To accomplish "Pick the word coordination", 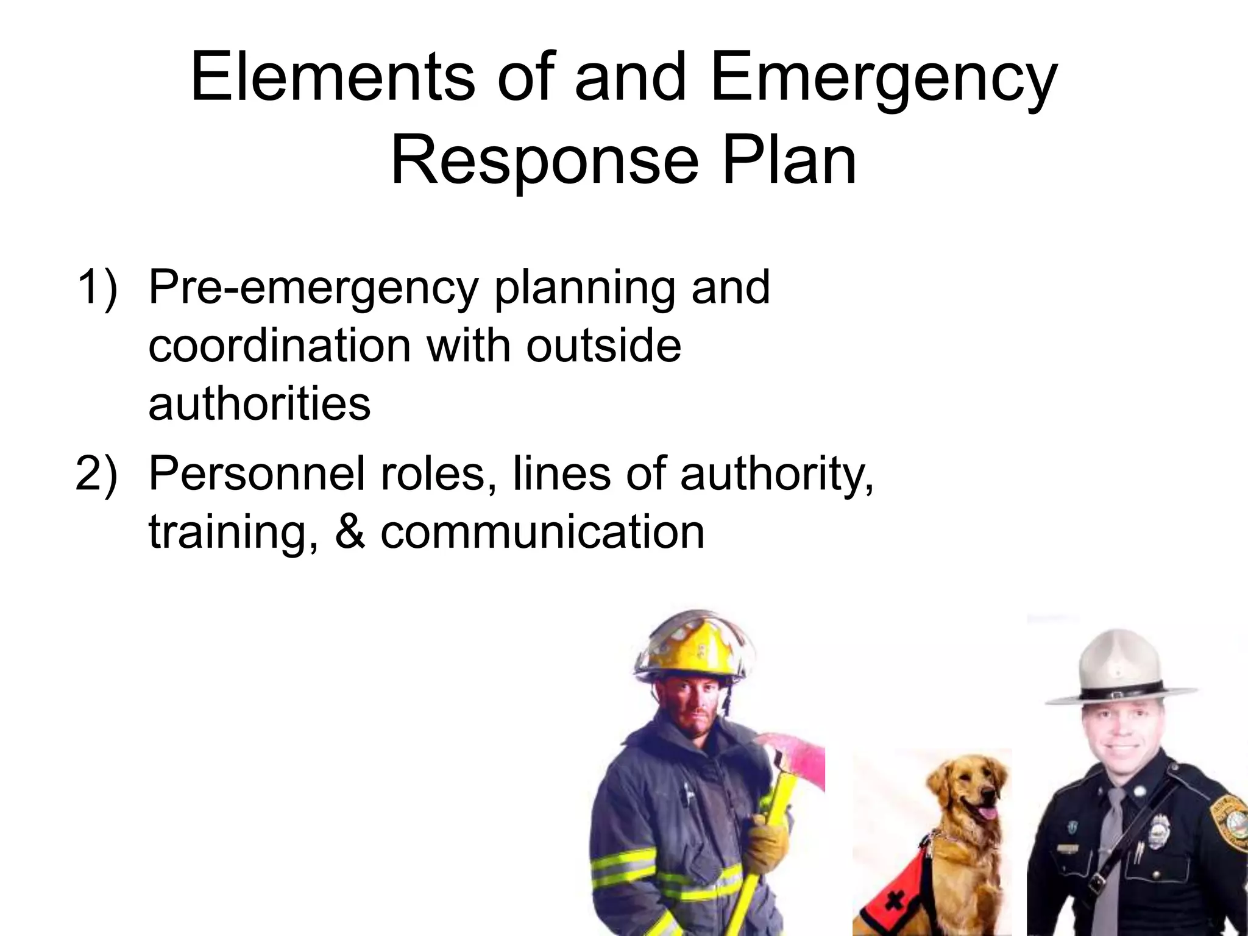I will pyautogui.click(x=280, y=346).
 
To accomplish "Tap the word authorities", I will pyautogui.click(x=260, y=403).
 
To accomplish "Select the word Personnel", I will pyautogui.click(x=257, y=473).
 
